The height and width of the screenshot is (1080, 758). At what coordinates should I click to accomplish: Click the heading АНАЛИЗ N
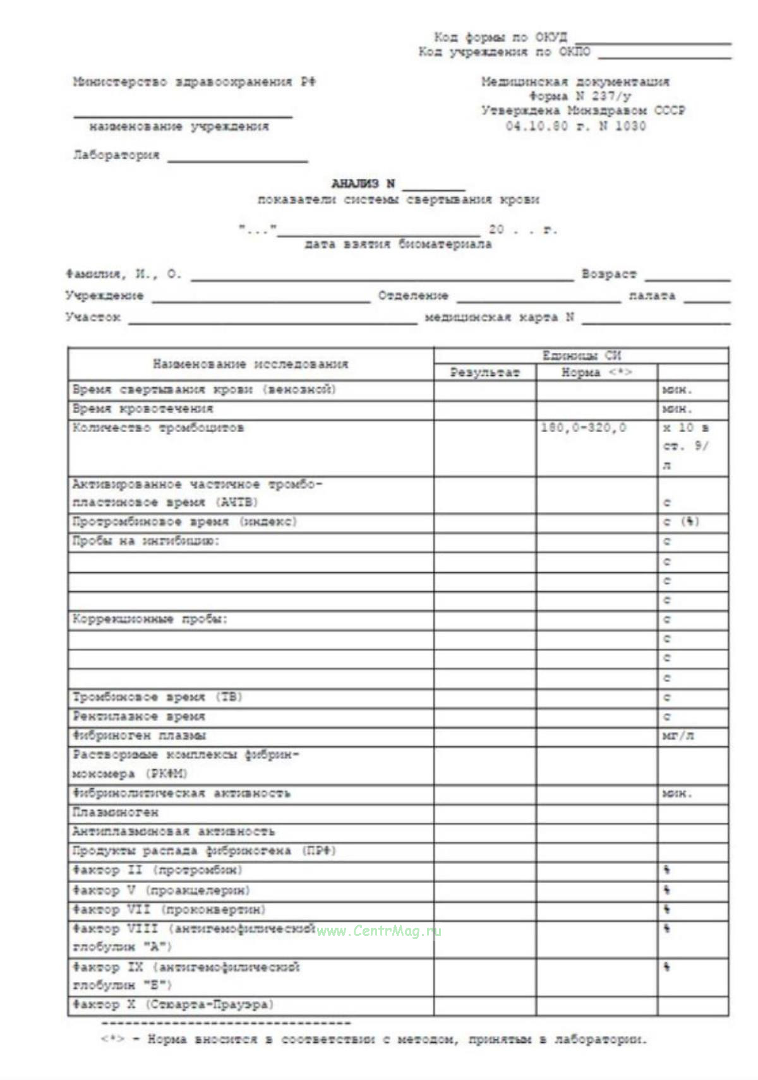point(363,184)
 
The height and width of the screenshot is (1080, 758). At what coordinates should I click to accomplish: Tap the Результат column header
point(484,373)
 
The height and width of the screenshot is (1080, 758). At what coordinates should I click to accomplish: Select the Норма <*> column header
point(596,373)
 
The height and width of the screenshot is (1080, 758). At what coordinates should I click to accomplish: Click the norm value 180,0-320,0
point(584,428)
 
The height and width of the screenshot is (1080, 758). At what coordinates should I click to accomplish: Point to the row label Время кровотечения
point(143,409)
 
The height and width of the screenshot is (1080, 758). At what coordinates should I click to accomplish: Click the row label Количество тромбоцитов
point(158,428)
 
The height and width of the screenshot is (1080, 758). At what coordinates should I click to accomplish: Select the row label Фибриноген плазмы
point(139,736)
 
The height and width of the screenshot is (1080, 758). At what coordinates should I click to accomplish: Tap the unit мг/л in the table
point(678,736)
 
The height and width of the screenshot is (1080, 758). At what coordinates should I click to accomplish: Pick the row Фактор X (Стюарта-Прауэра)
point(173,1004)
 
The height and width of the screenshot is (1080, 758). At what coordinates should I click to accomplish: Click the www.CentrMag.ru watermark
point(378,930)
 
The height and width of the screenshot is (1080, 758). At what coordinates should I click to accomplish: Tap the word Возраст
point(609,275)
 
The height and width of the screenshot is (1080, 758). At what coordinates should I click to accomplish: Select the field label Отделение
point(413,296)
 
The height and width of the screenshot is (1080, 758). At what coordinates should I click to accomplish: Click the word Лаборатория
point(116,155)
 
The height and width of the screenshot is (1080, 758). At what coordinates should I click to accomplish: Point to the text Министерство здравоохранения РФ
point(194,82)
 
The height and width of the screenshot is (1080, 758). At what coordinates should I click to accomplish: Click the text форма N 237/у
point(580,97)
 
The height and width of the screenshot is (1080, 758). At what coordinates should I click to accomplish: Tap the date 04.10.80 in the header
point(536,126)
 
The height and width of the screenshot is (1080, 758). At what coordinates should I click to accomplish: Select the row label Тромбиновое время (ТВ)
point(157,697)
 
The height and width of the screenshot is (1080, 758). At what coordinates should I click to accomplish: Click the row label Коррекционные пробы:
point(150,620)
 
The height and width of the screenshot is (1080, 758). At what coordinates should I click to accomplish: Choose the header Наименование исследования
point(250,364)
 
